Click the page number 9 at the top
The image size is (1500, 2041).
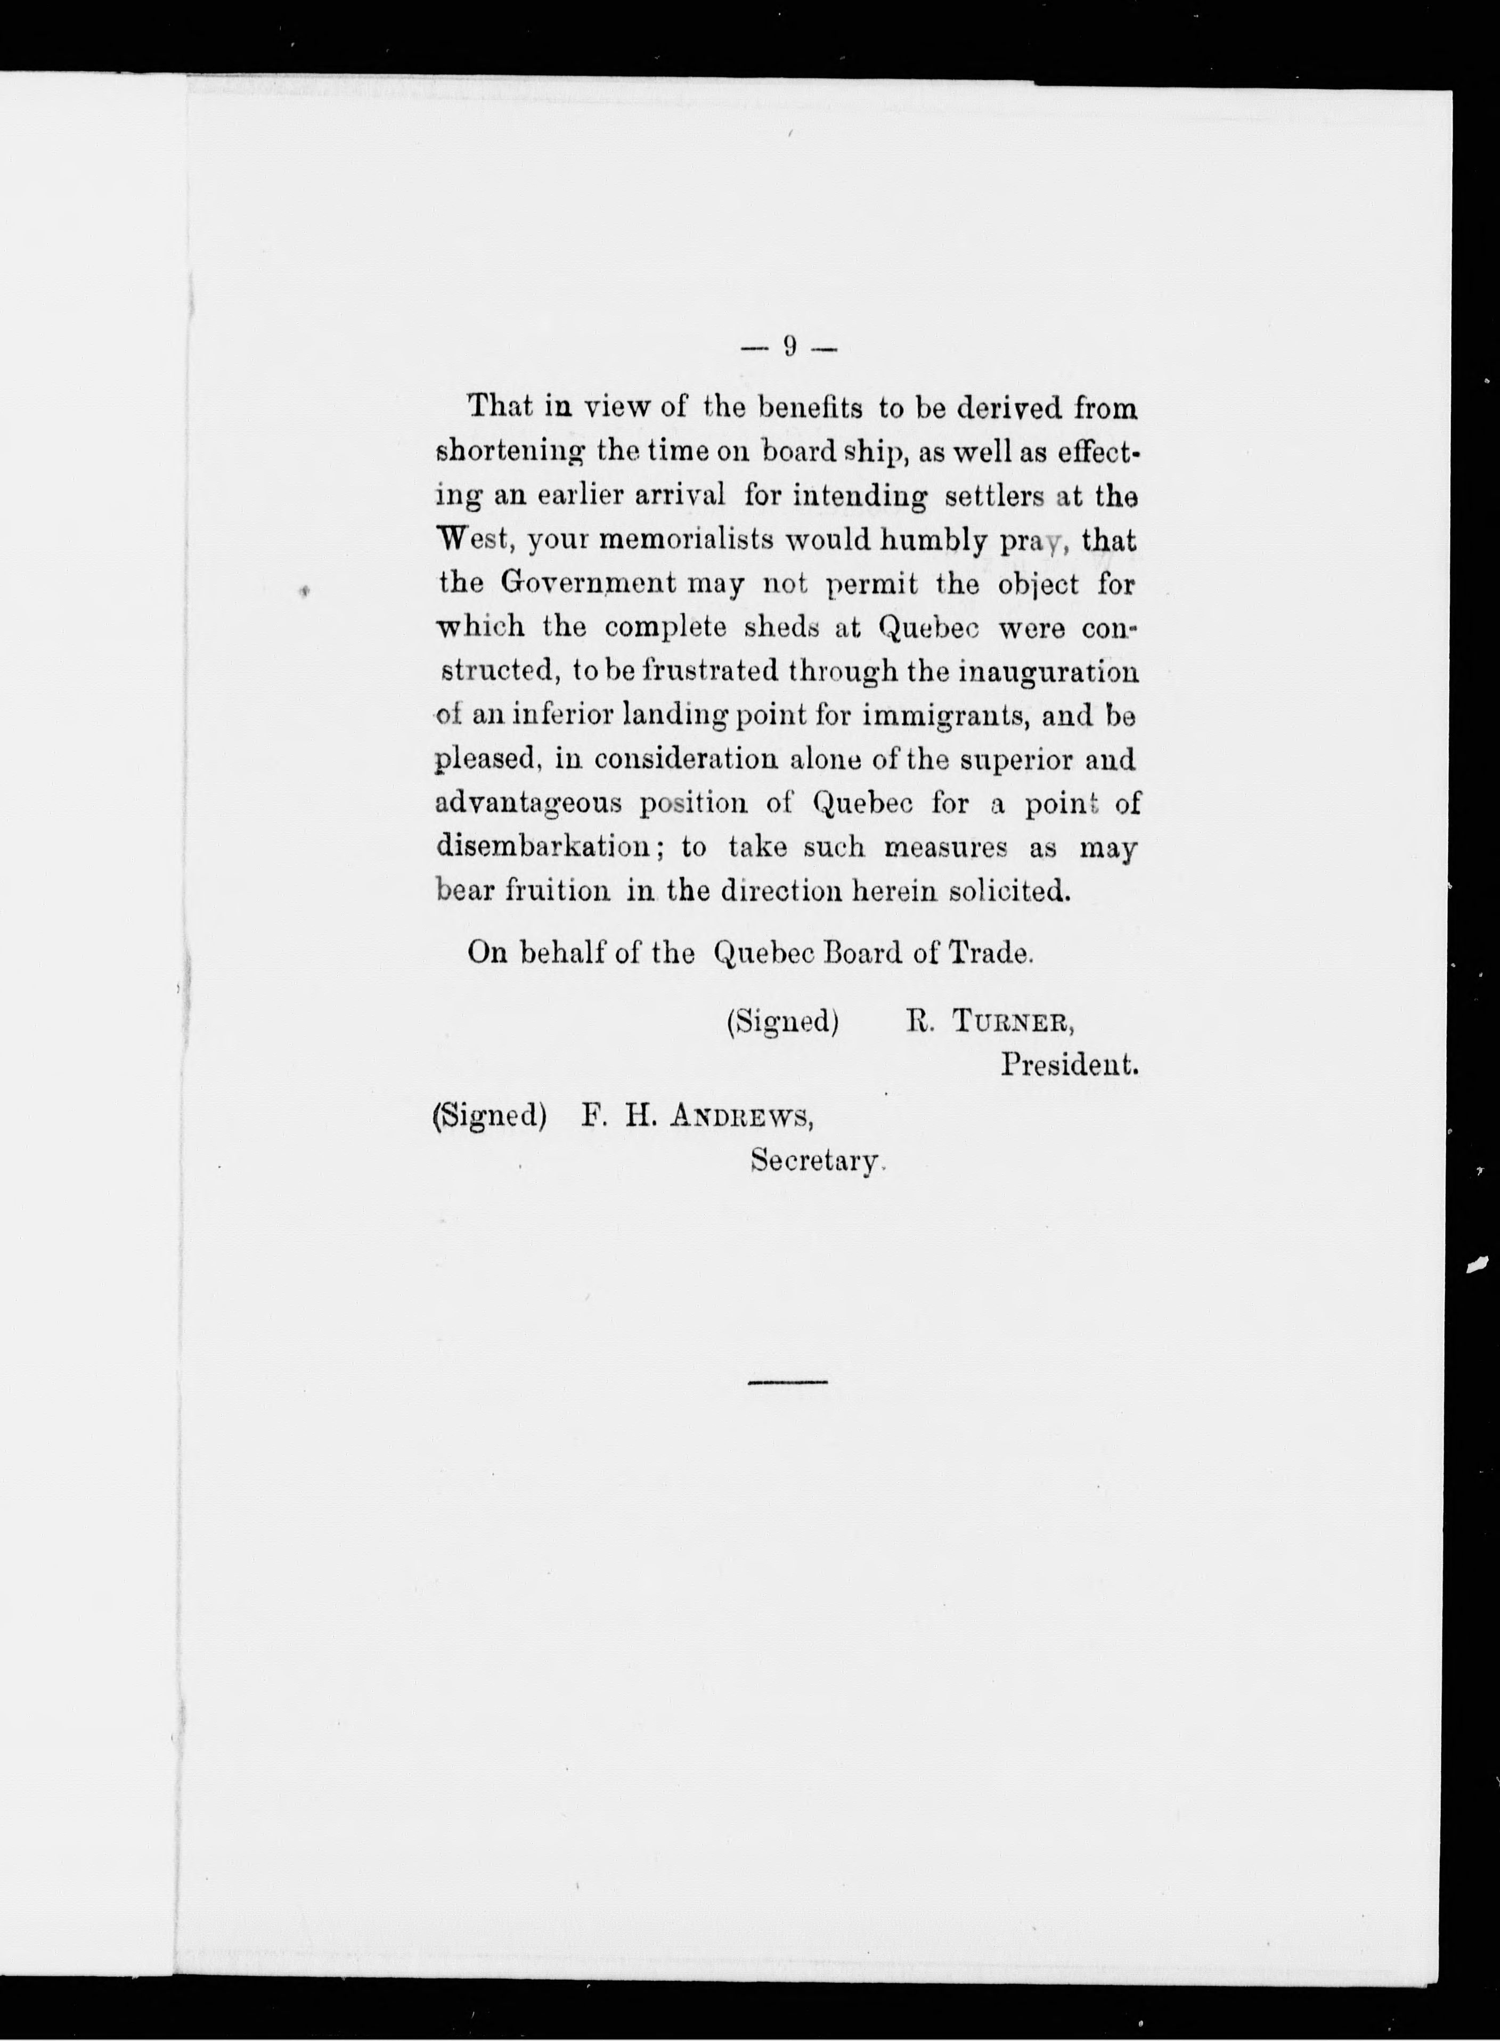[x=790, y=346]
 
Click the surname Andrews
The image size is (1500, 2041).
[x=740, y=1117]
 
